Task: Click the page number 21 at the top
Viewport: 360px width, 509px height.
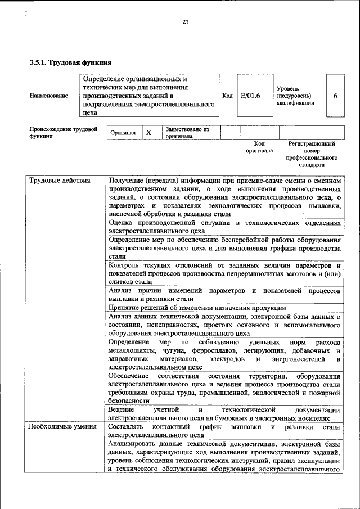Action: tap(185, 22)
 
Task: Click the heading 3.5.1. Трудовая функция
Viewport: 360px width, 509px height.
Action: tap(70, 62)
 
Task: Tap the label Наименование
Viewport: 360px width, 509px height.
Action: tap(49, 96)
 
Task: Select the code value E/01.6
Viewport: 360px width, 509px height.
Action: tap(250, 96)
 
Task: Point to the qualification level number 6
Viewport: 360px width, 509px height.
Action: tap(335, 96)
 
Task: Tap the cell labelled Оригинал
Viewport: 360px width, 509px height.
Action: tap(123, 133)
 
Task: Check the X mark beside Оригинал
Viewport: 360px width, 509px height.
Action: tap(148, 133)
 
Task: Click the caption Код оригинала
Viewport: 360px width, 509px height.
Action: tap(259, 147)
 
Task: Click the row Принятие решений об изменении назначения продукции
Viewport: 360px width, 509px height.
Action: tap(197, 308)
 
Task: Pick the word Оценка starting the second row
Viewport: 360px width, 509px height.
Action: tap(123, 223)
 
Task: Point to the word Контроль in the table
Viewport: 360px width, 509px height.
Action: tap(125, 265)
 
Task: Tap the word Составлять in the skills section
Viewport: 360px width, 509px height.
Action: tap(129, 427)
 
